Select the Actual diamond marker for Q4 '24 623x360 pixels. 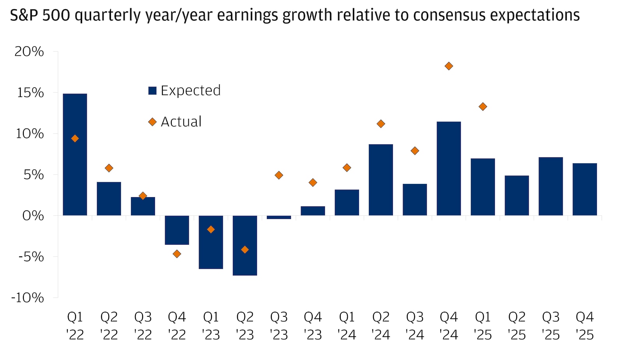449,66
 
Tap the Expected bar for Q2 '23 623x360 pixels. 245,245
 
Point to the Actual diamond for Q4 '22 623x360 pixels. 177,254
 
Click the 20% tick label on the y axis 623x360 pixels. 29,51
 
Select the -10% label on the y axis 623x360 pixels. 28,298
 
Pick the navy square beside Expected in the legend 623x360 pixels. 152,91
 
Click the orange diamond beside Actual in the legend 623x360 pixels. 152,122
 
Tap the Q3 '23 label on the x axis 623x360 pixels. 279,326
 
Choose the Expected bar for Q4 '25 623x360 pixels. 584,189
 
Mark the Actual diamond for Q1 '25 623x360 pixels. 483,107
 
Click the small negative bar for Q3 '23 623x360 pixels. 279,217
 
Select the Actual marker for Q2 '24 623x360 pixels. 381,124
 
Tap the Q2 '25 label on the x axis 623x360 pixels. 517,326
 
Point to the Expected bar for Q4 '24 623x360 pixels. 449,169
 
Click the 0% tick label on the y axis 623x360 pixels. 33,215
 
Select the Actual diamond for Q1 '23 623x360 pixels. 211,229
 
